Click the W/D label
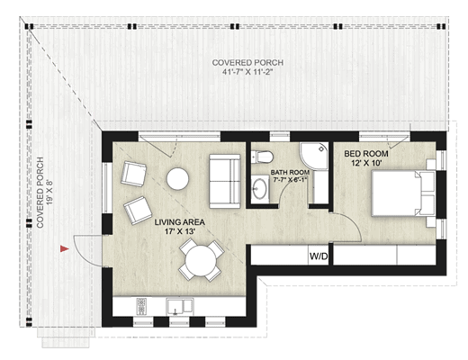click(319, 256)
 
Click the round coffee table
click(178, 179)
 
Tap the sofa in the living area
click(224, 179)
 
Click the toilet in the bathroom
click(263, 157)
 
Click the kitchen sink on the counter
click(181, 305)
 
